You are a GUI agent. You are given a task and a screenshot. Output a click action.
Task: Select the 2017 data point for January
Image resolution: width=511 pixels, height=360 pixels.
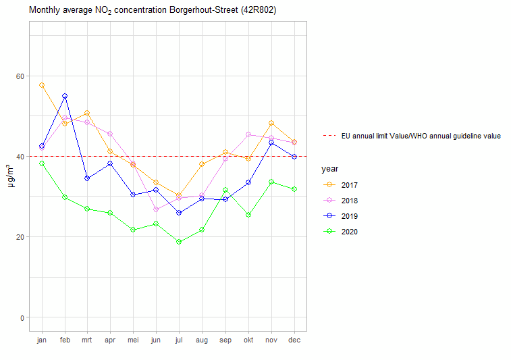pos(42,85)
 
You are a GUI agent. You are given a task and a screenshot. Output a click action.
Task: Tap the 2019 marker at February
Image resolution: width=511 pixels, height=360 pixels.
pos(65,96)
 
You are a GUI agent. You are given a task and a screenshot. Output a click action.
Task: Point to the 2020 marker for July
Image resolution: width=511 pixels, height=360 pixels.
pos(179,242)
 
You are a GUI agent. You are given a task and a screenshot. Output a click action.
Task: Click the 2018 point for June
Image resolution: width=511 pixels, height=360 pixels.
pos(156,209)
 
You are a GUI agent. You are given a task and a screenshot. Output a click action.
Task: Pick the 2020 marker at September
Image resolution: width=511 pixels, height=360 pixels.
pos(225,190)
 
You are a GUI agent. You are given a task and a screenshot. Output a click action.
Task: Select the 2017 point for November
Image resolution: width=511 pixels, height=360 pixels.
pos(271,123)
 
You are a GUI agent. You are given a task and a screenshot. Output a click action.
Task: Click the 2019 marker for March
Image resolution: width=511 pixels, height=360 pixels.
pos(87,178)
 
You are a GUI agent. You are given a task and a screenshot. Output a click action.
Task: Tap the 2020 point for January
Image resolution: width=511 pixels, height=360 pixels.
pos(42,163)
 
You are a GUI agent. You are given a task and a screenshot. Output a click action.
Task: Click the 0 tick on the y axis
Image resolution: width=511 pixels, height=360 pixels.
pos(22,317)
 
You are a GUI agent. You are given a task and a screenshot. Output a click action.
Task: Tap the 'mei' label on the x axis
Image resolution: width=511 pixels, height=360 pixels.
pos(133,340)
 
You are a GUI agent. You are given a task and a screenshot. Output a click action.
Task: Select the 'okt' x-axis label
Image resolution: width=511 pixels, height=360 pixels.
pos(248,340)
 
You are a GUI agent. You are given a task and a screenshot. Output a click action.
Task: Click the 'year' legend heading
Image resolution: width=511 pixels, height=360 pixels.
pos(329,169)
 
